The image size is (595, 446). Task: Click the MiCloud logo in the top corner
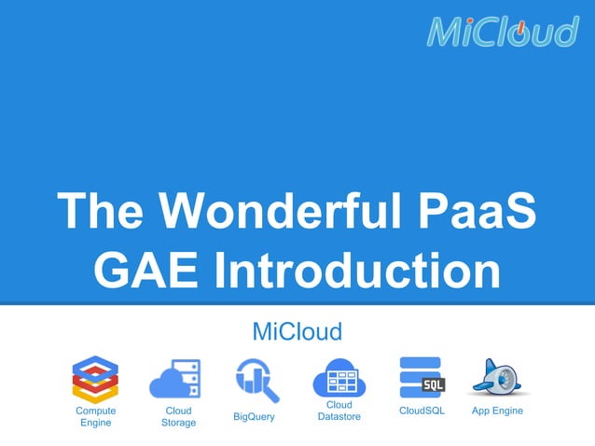(x=503, y=31)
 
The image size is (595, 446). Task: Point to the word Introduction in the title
(x=358, y=272)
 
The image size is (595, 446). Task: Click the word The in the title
(x=102, y=211)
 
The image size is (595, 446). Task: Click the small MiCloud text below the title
(x=297, y=331)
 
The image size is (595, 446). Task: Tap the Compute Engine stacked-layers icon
(x=96, y=378)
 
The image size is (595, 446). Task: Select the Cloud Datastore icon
(x=337, y=378)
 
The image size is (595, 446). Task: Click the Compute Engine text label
(x=96, y=417)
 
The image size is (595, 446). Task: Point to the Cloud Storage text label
(x=178, y=417)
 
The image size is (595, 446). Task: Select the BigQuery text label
(x=254, y=417)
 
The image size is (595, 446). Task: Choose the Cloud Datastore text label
(x=339, y=411)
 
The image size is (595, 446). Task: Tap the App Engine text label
(x=497, y=411)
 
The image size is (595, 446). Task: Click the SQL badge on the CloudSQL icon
(x=433, y=384)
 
